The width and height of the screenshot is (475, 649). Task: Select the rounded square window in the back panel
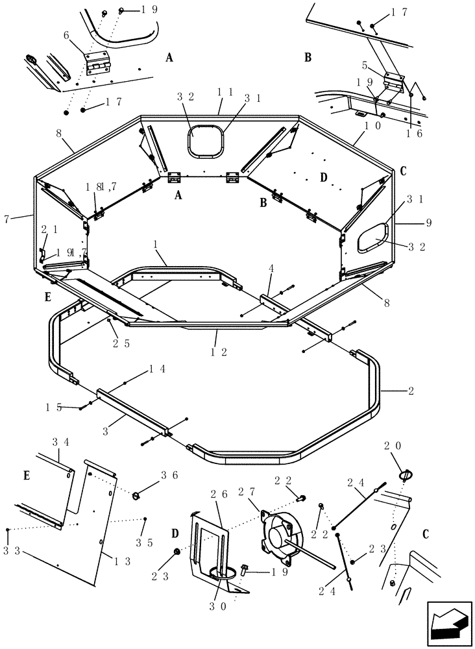(206, 141)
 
